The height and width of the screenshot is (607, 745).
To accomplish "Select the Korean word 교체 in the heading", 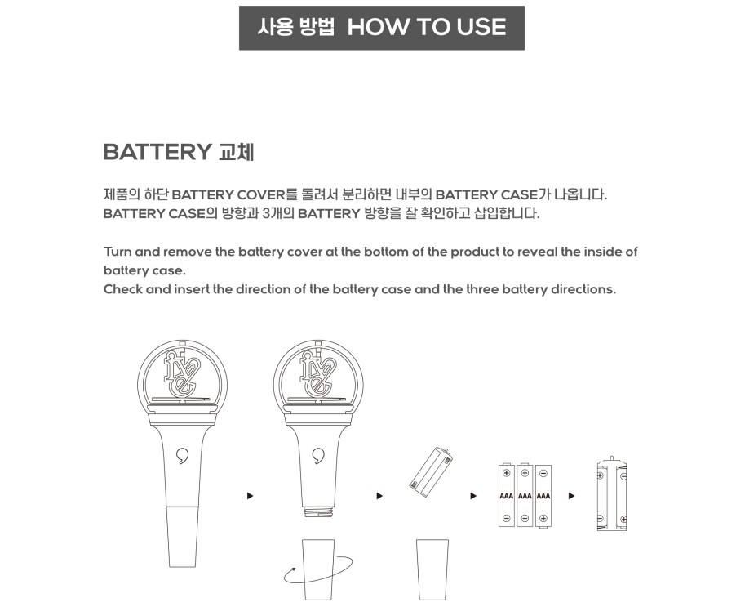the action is click(237, 152).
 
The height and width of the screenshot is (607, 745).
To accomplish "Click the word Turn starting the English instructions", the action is click(118, 252).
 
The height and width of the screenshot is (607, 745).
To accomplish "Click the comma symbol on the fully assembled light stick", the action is click(183, 456).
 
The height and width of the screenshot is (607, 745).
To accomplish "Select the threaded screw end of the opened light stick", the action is click(318, 512).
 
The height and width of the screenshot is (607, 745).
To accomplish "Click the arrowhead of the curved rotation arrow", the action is click(293, 569).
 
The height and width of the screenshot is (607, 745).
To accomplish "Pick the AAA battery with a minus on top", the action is click(543, 496).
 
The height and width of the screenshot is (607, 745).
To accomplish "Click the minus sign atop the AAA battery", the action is click(543, 473).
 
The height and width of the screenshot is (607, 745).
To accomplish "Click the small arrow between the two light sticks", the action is click(250, 496).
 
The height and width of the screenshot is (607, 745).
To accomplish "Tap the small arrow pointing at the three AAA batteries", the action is click(473, 496).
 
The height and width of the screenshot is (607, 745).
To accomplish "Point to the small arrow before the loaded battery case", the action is click(571, 496).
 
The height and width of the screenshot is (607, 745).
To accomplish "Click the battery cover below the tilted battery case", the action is click(432, 569).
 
